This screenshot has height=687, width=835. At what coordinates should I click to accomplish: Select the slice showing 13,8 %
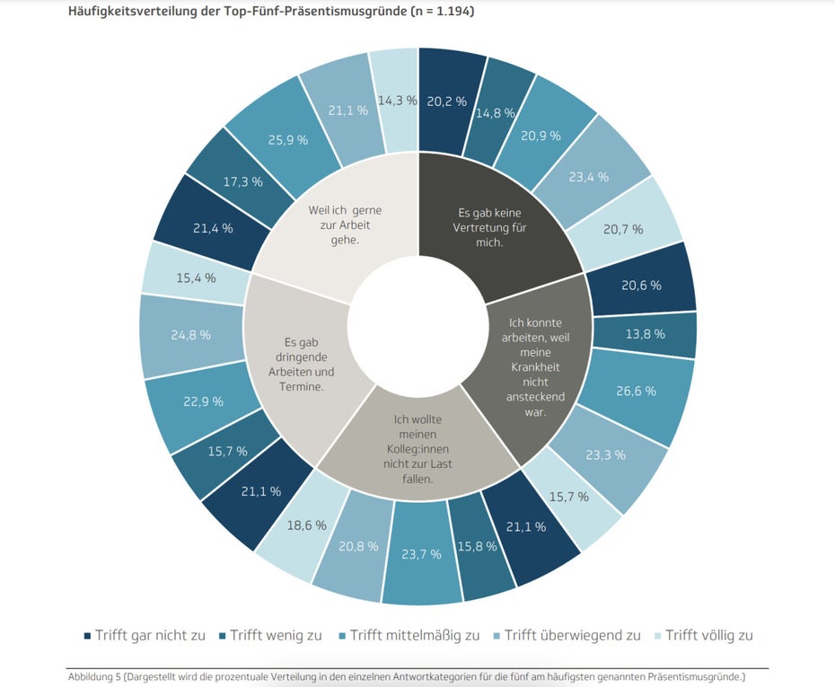click(x=646, y=334)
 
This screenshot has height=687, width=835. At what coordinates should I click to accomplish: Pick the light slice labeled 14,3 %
click(x=395, y=101)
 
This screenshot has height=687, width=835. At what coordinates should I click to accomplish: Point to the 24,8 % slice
click(x=190, y=336)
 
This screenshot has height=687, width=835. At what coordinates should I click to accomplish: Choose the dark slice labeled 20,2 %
click(x=446, y=101)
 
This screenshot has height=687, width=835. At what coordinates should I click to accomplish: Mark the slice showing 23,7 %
click(x=421, y=554)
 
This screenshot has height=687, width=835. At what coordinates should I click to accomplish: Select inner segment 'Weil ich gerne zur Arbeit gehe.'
click(x=344, y=225)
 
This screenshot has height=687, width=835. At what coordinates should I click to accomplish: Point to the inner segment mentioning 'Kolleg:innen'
click(x=418, y=448)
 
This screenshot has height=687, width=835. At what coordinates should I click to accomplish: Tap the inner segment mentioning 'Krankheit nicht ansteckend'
click(x=535, y=367)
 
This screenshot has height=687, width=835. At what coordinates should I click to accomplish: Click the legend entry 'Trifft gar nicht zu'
click(x=145, y=635)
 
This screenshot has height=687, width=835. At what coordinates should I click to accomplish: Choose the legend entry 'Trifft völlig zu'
click(x=703, y=635)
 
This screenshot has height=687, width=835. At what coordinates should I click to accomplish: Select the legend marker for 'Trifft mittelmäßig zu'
click(x=342, y=636)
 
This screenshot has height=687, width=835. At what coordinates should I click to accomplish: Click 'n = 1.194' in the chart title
click(x=442, y=11)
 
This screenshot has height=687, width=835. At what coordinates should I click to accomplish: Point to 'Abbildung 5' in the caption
click(x=91, y=677)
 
